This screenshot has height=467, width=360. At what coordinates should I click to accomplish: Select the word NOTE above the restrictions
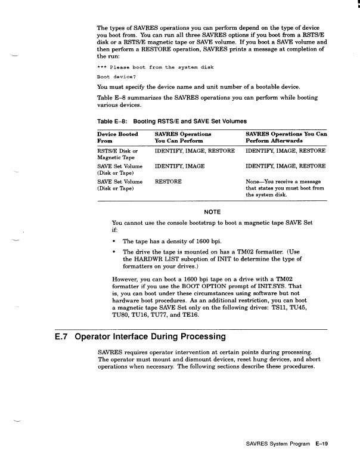coord(212,212)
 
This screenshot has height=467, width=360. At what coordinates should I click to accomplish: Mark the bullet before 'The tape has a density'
coord(114,241)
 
